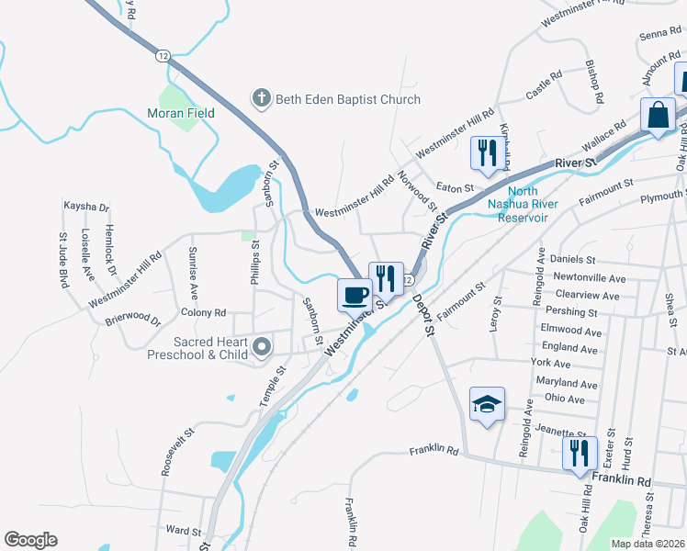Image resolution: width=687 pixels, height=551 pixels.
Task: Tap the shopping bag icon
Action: pyautogui.click(x=659, y=116)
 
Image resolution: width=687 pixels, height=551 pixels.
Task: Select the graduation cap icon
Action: pyautogui.click(x=487, y=404)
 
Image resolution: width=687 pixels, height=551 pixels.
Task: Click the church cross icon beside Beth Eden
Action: pyautogui.click(x=261, y=99)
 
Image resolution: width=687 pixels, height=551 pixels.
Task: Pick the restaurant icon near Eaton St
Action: pyautogui.click(x=487, y=152)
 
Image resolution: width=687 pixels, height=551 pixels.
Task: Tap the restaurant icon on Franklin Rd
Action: pyautogui.click(x=579, y=453)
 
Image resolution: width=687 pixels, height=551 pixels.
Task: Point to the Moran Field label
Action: pyautogui.click(x=181, y=113)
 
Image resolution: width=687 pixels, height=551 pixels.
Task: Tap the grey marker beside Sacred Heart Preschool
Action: pyautogui.click(x=262, y=346)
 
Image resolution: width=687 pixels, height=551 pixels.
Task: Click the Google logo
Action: pyautogui.click(x=30, y=540)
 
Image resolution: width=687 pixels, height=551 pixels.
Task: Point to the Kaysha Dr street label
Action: pyautogui.click(x=86, y=207)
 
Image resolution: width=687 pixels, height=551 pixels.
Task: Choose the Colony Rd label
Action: pyautogui.click(x=204, y=313)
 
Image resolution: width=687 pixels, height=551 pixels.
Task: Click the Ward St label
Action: pyautogui.click(x=183, y=531)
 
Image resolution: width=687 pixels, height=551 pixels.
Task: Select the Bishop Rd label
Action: pyautogui.click(x=594, y=82)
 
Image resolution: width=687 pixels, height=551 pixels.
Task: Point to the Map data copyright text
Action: pyautogui.click(x=647, y=544)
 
